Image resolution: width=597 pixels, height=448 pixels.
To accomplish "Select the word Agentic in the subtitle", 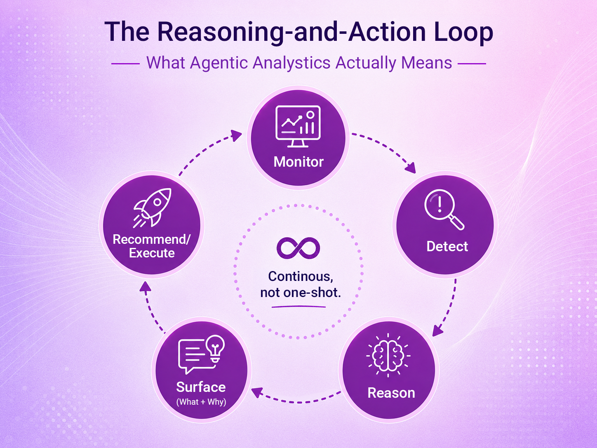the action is (219, 63).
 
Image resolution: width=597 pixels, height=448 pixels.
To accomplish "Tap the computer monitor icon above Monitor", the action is (298, 126).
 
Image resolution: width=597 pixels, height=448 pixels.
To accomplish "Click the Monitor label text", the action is (298, 162).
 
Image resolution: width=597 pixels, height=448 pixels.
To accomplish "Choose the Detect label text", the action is (447, 246).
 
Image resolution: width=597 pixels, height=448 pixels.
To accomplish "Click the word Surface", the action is (201, 387).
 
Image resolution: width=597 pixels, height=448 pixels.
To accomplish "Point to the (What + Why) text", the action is (201, 402).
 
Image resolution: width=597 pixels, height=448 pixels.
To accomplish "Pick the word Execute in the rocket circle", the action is (152, 253).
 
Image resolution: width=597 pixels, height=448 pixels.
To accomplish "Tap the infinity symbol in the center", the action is (298, 248).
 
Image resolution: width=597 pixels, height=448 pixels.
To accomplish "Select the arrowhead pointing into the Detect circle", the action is (411, 168).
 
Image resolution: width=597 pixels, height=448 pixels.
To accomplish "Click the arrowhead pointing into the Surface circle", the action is (257, 392).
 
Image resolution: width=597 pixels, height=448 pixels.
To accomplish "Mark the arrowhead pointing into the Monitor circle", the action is (236, 135).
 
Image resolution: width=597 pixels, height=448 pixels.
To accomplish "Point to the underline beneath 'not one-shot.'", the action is (298, 307).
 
